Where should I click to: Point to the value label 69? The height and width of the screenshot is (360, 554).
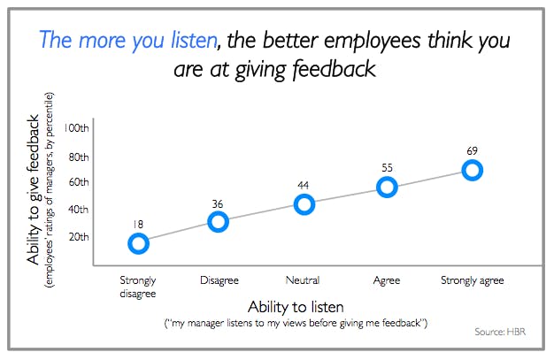pyautogui.click(x=472, y=151)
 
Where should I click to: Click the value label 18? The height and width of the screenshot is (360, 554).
pyautogui.click(x=138, y=225)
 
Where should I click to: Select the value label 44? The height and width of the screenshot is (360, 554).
pyautogui.click(x=304, y=185)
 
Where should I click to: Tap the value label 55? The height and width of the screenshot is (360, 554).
pyautogui.click(x=387, y=168)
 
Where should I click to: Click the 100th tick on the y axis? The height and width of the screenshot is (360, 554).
pyautogui.click(x=76, y=127)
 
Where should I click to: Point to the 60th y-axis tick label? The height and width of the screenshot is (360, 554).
pyautogui.click(x=79, y=182)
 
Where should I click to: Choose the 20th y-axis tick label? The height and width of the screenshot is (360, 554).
pyautogui.click(x=79, y=237)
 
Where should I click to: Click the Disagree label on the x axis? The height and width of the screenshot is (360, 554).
pyautogui.click(x=219, y=280)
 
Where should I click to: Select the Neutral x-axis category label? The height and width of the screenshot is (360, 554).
pyautogui.click(x=303, y=280)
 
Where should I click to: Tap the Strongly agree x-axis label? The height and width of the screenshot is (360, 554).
pyautogui.click(x=472, y=281)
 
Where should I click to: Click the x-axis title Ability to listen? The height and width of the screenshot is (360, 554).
pyautogui.click(x=296, y=307)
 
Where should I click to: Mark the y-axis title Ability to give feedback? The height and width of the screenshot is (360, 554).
pyautogui.click(x=33, y=189)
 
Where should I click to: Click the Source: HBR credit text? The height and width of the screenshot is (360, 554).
pyautogui.click(x=500, y=332)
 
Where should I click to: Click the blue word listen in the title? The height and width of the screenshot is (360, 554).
pyautogui.click(x=194, y=40)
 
